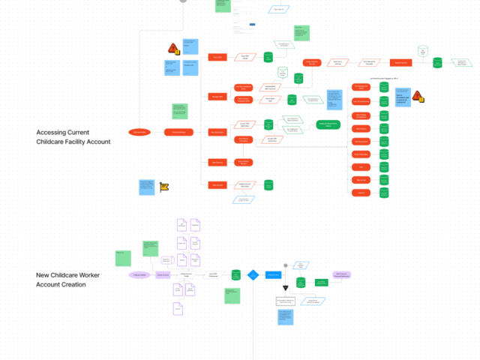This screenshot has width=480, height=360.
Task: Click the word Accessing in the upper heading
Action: pyautogui.click(x=54, y=133)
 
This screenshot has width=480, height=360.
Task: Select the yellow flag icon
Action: pyautogui.click(x=164, y=187)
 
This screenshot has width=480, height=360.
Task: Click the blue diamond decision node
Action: pyautogui.click(x=253, y=275)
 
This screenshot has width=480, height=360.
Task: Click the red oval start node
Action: pyautogui.click(x=139, y=132)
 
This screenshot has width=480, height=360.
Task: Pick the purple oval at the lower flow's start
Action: pyautogui.click(x=139, y=275)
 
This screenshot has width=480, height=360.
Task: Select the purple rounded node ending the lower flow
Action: pyautogui.click(x=341, y=275)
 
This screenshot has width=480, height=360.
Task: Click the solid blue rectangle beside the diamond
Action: pyautogui.click(x=273, y=275)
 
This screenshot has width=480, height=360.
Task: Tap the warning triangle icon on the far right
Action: pyautogui.click(x=418, y=96)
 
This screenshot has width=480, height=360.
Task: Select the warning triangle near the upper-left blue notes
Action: pyautogui.click(x=173, y=49)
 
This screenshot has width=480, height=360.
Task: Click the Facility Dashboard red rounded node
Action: pyautogui.click(x=174, y=132)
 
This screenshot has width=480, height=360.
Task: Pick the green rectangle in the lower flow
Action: pyautogui.click(x=320, y=282)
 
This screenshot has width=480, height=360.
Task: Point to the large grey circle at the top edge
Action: pyautogui.click(x=182, y=1)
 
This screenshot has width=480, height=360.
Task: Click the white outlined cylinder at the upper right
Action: pyautogui.click(x=423, y=52)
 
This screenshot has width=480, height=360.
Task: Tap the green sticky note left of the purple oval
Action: pyautogui.click(x=120, y=258)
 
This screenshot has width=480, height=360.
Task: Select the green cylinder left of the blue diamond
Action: pyautogui.click(x=235, y=276)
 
